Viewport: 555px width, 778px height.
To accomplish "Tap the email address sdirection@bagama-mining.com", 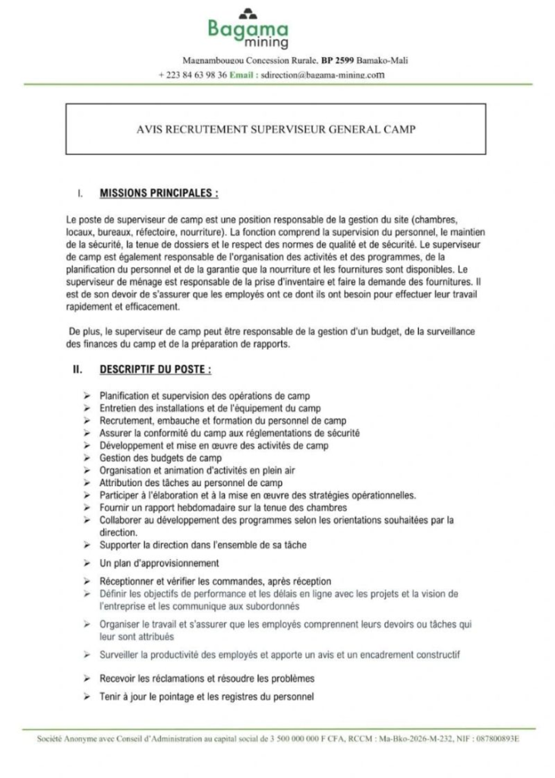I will [x=322, y=75].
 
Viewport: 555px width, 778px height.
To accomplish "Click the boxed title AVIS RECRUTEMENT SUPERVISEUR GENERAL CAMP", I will [x=275, y=129].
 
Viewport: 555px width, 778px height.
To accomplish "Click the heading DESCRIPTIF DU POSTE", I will [x=154, y=370].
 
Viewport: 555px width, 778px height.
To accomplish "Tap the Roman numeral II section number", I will [x=77, y=370].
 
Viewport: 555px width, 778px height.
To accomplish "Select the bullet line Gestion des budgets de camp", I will [x=160, y=458].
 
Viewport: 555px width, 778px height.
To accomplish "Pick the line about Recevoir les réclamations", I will [x=207, y=678].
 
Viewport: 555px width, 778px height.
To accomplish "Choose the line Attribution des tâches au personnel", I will [x=191, y=483].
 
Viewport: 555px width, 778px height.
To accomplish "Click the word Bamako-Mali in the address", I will [x=391, y=60].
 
